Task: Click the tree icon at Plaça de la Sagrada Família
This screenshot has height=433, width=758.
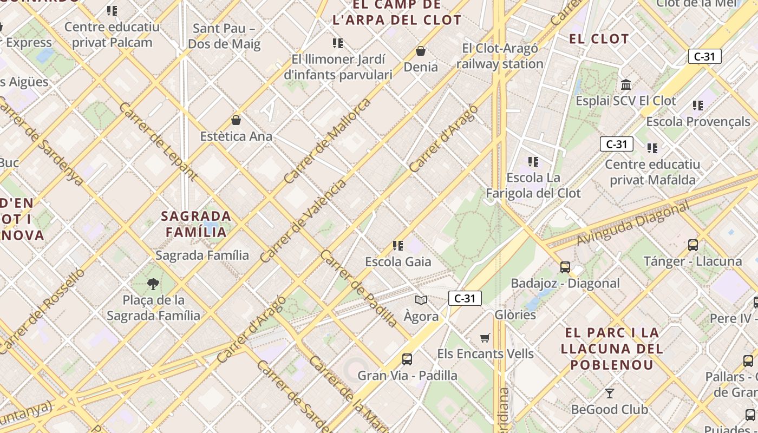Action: (153, 284)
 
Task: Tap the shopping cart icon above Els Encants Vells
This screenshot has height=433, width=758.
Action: (485, 338)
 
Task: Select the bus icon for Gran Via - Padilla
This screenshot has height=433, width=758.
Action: (407, 359)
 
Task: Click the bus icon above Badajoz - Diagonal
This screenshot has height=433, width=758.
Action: (565, 267)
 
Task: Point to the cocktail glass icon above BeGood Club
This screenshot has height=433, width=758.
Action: (610, 393)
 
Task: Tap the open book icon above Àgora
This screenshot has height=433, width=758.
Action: (421, 300)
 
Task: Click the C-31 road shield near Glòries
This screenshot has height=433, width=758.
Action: (465, 298)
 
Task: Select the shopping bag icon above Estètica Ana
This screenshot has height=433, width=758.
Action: (236, 120)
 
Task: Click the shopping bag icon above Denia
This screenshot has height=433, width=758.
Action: (421, 51)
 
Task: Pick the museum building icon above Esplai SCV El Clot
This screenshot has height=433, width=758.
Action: (626, 85)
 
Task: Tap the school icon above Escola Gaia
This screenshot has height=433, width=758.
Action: (398, 246)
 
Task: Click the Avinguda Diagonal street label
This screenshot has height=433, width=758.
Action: (633, 224)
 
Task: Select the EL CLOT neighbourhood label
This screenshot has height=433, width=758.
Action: (599, 39)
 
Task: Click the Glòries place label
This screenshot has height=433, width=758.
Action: (515, 314)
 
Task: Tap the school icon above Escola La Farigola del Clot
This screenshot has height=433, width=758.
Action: (533, 161)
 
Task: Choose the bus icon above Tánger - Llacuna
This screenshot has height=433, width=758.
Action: (692, 245)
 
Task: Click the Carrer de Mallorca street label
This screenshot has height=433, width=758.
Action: (327, 140)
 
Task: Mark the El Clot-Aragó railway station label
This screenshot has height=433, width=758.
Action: (500, 56)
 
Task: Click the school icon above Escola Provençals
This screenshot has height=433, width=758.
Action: (697, 106)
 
